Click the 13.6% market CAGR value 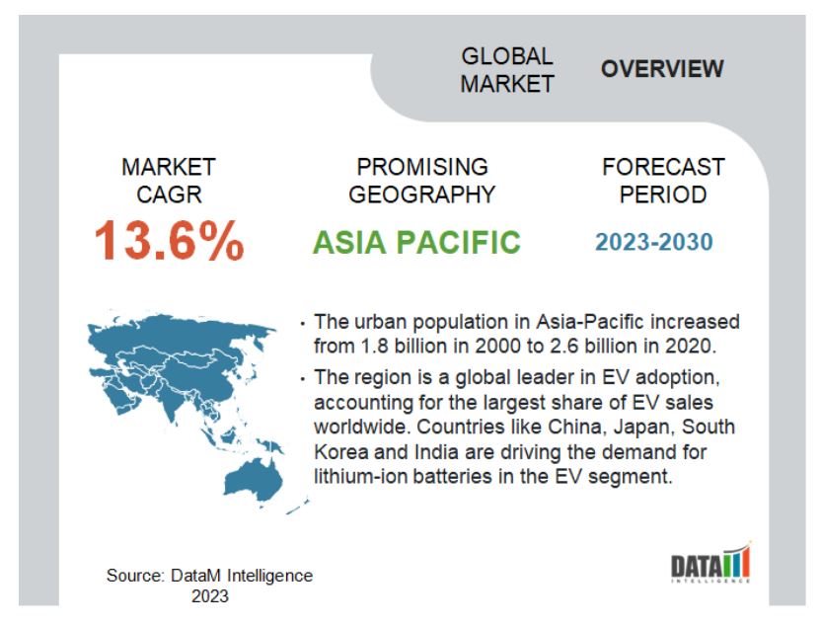pos(169,241)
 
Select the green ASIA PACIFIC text pos(416,242)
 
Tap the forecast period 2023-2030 pos(654,242)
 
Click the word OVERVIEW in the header pos(662,69)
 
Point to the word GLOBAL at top pos(507,56)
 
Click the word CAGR pos(169,195)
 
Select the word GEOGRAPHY pos(421,195)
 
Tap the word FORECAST pos(663,167)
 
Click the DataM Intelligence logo pos(710,564)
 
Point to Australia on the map pos(254,478)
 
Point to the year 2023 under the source pos(210,596)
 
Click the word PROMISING pos(422,167)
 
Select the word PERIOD pos(663,195)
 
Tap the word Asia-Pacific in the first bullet pos(589,321)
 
